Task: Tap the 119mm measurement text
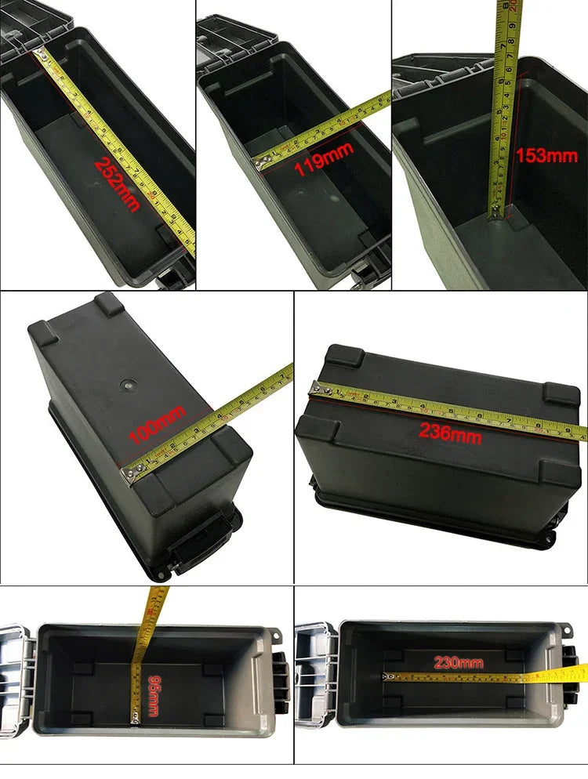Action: click(x=323, y=168)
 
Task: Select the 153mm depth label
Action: click(x=546, y=155)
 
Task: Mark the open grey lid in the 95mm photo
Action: click(x=16, y=679)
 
